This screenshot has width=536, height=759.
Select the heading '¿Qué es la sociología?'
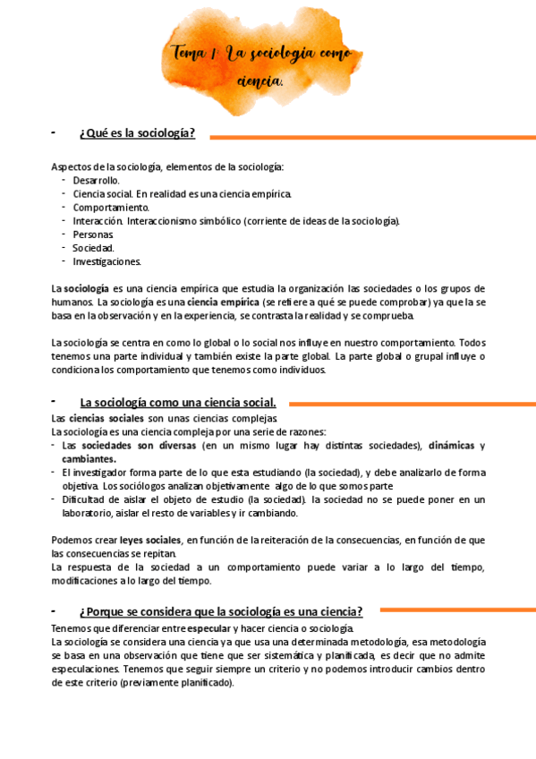point(137,133)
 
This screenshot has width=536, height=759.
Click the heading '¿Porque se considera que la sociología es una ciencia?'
point(221,611)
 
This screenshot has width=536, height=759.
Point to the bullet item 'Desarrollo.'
point(96,180)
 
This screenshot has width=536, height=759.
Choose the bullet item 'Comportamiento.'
point(106,207)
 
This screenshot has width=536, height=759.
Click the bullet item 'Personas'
point(93,235)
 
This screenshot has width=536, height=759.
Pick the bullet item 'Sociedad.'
point(93,248)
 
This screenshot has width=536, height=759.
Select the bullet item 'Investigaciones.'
point(107,261)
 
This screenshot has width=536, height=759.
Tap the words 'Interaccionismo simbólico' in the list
point(183,221)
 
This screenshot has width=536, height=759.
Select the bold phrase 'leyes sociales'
point(150,540)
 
